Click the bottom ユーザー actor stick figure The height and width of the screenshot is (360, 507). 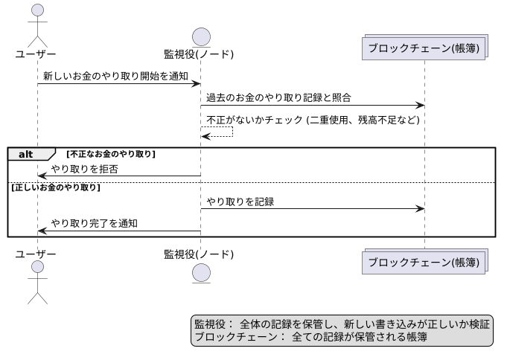tap(36, 283)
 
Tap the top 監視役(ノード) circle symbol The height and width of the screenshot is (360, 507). tap(200, 35)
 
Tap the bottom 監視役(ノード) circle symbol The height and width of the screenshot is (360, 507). tap(200, 272)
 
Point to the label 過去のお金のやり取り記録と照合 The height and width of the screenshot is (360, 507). tap(278, 97)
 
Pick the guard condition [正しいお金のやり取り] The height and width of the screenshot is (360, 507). tap(57, 187)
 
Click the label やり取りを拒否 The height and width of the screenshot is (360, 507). tap(84, 169)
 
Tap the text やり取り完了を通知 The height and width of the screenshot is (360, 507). tap(95, 223)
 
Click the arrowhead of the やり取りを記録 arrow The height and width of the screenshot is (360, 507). tap(420, 209)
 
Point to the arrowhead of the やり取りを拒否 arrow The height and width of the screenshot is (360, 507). tap(42, 176)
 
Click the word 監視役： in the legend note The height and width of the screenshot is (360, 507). tap(213, 324)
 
